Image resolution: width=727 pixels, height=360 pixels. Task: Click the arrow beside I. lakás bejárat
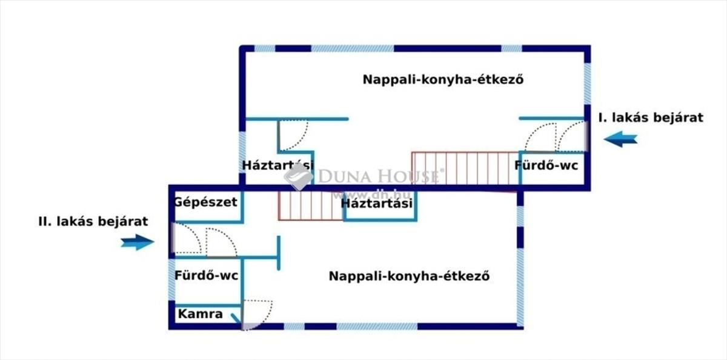[620, 139]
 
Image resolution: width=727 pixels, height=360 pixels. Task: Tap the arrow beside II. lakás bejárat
[138, 242]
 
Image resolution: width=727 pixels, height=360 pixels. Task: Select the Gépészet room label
[205, 202]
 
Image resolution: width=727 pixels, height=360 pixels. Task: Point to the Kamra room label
[201, 314]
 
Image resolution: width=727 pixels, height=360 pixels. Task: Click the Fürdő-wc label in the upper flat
[546, 165]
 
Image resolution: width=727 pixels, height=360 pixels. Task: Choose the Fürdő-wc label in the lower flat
[207, 276]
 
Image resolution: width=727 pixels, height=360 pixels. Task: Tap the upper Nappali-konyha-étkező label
[443, 79]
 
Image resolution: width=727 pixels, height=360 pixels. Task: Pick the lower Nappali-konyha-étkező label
[410, 276]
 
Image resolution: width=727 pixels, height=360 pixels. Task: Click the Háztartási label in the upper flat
[278, 165]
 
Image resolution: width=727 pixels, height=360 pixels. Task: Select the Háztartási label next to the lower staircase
[377, 204]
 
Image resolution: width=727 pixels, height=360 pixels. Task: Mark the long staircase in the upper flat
[465, 168]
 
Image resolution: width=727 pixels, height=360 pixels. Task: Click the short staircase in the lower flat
[311, 206]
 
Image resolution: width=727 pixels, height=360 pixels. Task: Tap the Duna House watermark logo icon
[298, 177]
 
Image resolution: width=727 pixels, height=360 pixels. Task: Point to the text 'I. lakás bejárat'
[651, 118]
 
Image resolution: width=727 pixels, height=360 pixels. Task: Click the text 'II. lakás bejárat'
[93, 222]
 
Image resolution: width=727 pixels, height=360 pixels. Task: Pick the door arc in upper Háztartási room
[293, 135]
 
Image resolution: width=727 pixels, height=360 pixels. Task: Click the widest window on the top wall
[353, 48]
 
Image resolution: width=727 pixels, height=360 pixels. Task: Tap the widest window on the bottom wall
[377, 326]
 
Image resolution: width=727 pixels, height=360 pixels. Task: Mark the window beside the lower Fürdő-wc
[171, 280]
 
